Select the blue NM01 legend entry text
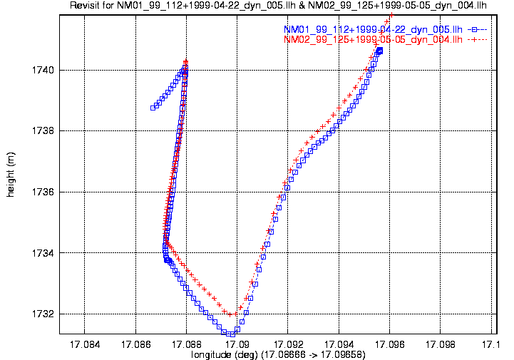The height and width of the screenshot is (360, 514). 373,30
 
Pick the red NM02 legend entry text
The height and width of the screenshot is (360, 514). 373,40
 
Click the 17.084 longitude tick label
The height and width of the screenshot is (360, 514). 85,344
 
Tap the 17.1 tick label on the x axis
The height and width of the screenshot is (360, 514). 490,344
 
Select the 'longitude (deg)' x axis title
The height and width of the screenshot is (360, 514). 278,354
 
